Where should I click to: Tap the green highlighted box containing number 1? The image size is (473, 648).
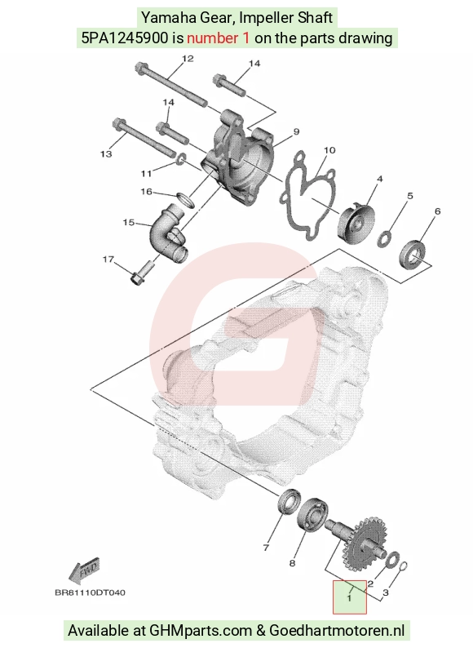350,597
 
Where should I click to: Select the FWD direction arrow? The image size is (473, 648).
85,570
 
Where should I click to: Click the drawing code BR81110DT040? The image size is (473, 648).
90,593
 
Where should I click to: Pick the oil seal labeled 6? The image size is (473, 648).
413,253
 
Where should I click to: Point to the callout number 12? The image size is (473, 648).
188,59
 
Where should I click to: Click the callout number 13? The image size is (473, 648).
106,153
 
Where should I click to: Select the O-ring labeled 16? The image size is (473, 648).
185,199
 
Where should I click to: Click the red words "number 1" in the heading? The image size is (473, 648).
218,38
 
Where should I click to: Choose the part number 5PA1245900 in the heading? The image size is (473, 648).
125,38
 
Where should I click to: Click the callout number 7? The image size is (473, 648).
266,548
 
